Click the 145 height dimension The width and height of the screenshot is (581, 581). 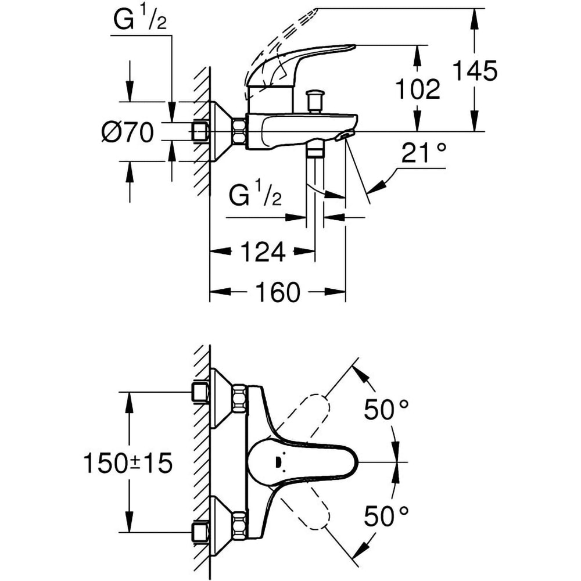coord(475,71)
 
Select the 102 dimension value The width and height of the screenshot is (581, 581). coord(417,89)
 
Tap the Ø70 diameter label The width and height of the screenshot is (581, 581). coord(127,133)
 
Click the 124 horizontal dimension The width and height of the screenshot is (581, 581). coord(263,252)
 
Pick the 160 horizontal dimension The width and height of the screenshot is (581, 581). coord(277,292)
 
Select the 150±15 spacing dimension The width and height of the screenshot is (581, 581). coord(128,463)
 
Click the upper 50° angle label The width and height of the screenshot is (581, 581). coord(386,410)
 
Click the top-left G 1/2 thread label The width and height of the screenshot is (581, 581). coord(139,21)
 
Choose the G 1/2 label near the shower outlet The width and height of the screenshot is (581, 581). coord(256,196)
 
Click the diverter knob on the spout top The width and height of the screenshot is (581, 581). coord(315,101)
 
